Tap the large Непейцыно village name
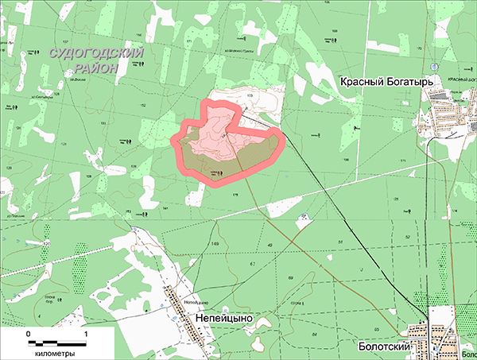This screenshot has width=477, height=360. click(x=223, y=316)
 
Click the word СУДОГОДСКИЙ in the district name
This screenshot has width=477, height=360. click(x=95, y=53)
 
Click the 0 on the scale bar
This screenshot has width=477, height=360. click(x=29, y=335)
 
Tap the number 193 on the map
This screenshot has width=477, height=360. click(x=103, y=123)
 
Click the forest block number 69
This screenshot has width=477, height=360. click(x=290, y=277)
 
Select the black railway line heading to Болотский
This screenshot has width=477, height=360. click(x=350, y=230)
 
